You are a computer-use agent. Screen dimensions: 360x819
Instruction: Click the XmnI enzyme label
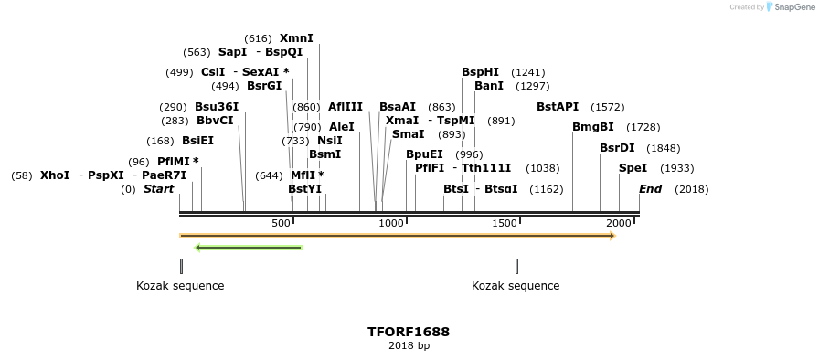pyautogui.click(x=296, y=38)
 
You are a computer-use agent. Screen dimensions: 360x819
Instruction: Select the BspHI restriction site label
pyautogui.click(x=480, y=72)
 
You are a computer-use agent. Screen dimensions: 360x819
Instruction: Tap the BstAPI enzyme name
pyautogui.click(x=558, y=107)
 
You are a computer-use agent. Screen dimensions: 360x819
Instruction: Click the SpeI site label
pyautogui.click(x=633, y=168)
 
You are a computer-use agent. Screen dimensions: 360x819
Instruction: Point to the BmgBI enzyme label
pyautogui.click(x=592, y=127)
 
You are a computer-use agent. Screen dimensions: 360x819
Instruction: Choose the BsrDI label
pyautogui.click(x=617, y=148)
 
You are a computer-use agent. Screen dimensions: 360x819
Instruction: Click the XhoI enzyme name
pyautogui.click(x=55, y=175)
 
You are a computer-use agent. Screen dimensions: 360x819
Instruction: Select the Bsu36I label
pyautogui.click(x=217, y=107)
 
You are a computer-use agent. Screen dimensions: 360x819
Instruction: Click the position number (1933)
pyautogui.click(x=676, y=168)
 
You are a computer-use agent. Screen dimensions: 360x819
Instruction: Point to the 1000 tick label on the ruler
pyautogui.click(x=391, y=224)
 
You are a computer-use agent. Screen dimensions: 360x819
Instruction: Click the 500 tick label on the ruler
pyautogui.click(x=281, y=224)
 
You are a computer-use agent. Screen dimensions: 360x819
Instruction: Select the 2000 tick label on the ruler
pyautogui.click(x=619, y=224)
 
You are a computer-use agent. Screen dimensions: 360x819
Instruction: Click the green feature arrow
pyautogui.click(x=249, y=247)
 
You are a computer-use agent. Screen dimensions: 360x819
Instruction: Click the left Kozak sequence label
pyautogui.click(x=180, y=286)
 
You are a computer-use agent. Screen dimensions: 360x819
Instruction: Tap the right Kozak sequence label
pyautogui.click(x=516, y=286)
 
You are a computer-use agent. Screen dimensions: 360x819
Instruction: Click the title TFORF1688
pyautogui.click(x=409, y=332)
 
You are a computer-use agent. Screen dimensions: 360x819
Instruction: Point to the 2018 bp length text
pyautogui.click(x=409, y=345)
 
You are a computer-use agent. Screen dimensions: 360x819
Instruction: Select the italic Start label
pyautogui.click(x=158, y=189)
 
